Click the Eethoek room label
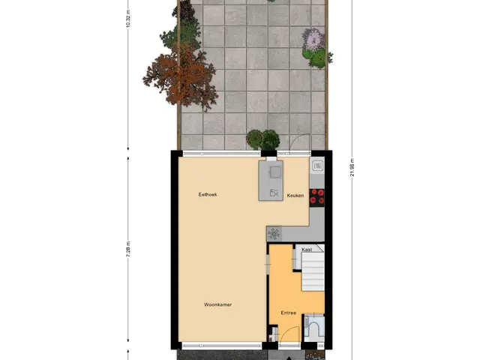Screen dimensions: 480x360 click(x=208, y=194)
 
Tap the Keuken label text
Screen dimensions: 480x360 click(x=295, y=195)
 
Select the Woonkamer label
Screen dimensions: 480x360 click(x=218, y=304)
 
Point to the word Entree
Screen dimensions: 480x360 click(x=288, y=313)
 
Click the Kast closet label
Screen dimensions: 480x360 click(x=307, y=250)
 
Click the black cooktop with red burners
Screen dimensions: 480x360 click(x=316, y=197)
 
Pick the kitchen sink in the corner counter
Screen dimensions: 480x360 click(x=317, y=166)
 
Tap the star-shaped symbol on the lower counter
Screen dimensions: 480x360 click(x=274, y=234)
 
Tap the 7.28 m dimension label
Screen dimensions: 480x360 click(x=128, y=250)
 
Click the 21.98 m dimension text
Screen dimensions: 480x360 click(x=352, y=167)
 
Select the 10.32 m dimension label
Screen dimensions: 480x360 click(x=128, y=18)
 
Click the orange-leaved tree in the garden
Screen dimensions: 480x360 click(x=181, y=76)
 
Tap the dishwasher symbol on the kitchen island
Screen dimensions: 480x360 click(x=274, y=193)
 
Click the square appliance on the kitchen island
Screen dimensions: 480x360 click(x=275, y=172)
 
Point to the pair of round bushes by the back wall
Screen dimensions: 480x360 click(x=263, y=139)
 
